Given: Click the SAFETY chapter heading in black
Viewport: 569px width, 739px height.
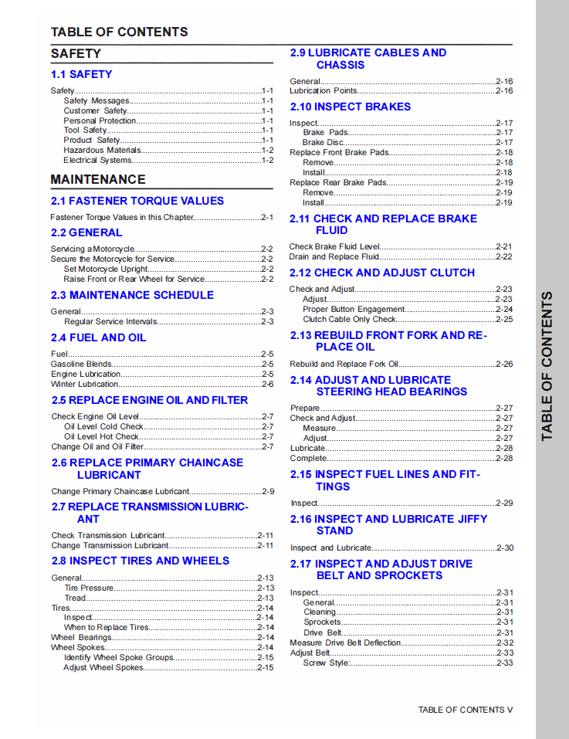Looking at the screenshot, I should click(x=76, y=54).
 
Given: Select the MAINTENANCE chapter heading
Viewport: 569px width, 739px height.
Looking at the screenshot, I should click(x=98, y=179).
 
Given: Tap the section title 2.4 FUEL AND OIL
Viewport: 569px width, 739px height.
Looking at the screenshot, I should click(x=99, y=337).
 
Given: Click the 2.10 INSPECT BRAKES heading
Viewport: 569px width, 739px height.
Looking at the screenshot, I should click(x=350, y=107).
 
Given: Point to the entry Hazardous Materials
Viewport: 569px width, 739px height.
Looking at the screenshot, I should click(x=102, y=151).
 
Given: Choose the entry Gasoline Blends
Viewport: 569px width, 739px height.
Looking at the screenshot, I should click(x=81, y=364).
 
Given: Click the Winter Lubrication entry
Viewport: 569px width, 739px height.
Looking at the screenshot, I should click(x=85, y=384).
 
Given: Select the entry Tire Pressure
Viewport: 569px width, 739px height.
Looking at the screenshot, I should click(x=89, y=588).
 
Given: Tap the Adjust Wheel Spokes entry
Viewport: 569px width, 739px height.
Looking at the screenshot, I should click(x=103, y=667).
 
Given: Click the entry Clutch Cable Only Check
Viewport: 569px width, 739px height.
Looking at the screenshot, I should click(x=349, y=319).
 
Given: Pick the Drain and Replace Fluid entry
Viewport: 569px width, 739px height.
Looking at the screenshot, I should click(x=334, y=256).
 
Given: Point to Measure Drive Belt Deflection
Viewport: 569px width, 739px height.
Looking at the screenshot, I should click(x=345, y=642).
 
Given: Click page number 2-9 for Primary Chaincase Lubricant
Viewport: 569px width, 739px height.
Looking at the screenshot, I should click(x=267, y=491).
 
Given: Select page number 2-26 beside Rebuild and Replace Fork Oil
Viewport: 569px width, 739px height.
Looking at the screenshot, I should click(x=504, y=364).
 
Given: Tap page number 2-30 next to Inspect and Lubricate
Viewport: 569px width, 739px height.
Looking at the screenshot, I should click(x=504, y=547).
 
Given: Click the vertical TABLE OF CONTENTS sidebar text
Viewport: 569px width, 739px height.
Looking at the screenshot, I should click(x=547, y=366).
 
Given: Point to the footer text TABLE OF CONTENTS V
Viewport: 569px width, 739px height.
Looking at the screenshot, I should click(x=465, y=710).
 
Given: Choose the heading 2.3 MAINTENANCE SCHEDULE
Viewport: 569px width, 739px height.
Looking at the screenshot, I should click(x=132, y=295).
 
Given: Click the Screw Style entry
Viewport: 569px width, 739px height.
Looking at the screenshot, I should click(x=326, y=663).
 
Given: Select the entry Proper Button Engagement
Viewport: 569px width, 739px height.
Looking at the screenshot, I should click(x=354, y=309).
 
